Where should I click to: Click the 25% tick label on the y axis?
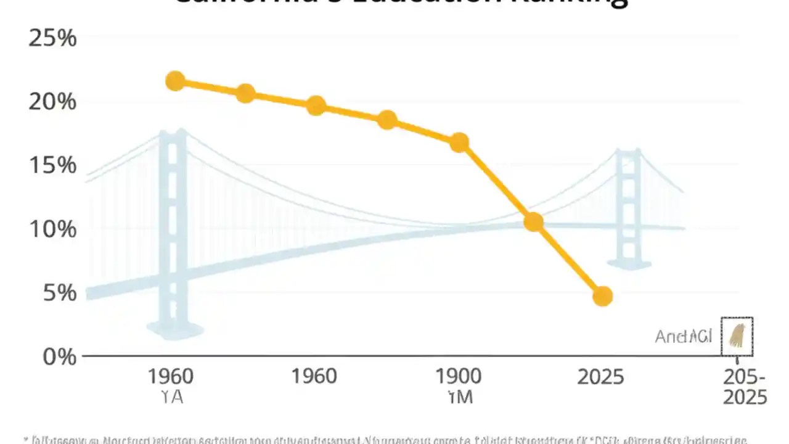tap(52, 39)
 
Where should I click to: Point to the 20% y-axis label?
tap(52, 102)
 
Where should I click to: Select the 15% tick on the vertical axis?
tap(52, 165)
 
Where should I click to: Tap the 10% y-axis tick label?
tap(52, 229)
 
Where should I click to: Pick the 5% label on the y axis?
tap(60, 293)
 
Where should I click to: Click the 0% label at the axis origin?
tap(60, 356)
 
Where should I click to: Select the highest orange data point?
tap(176, 81)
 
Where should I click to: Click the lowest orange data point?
tap(602, 297)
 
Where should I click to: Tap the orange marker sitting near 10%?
tap(533, 222)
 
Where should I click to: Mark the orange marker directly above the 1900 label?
tap(459, 143)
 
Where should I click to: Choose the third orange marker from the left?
tap(316, 105)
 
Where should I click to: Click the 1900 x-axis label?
tap(459, 376)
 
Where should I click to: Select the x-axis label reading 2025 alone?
tap(600, 377)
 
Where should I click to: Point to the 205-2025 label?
tap(745, 387)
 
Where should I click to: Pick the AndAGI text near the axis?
tap(683, 337)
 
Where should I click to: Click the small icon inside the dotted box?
tap(737, 337)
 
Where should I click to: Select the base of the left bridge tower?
tap(174, 331)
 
